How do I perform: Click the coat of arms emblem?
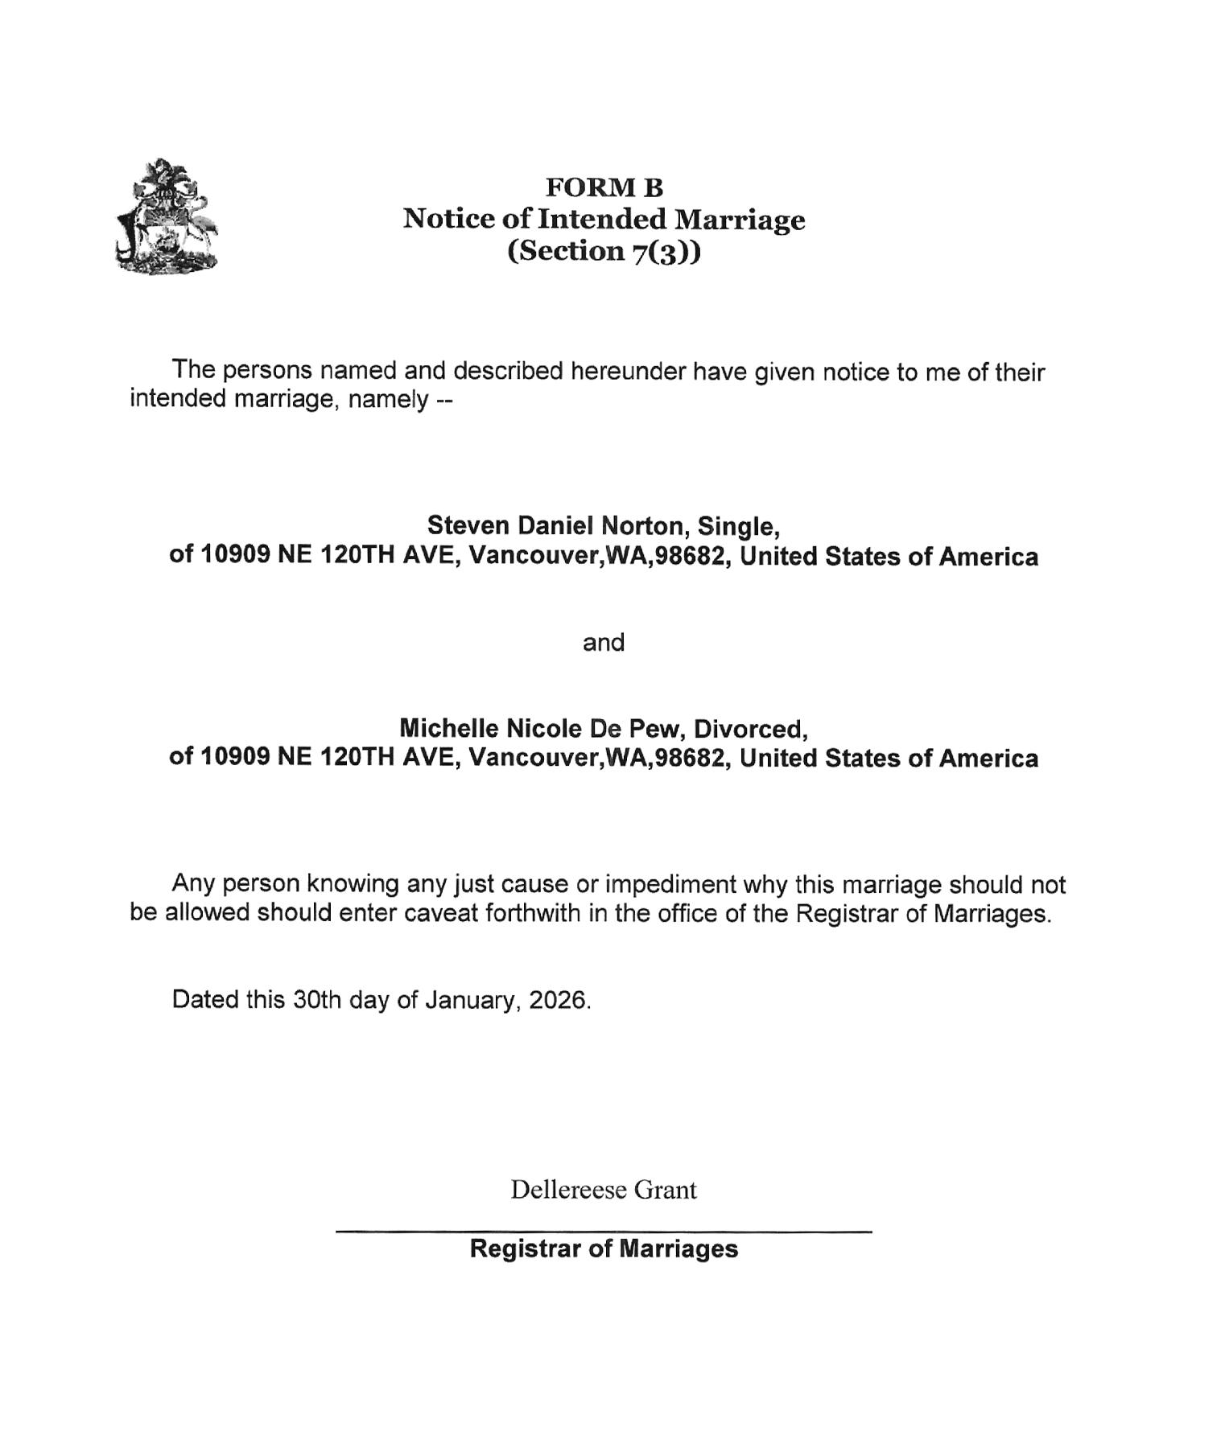tap(167, 216)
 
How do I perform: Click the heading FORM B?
tap(604, 187)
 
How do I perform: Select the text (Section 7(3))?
tap(604, 251)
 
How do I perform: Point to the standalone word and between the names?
tap(603, 642)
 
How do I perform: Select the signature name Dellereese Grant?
tap(603, 1189)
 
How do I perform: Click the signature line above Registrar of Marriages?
tap(603, 1231)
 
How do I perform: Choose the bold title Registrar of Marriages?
tap(603, 1249)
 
